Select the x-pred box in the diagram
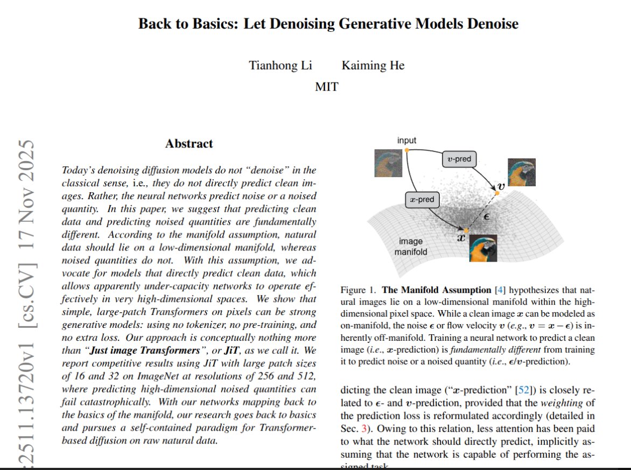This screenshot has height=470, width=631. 422,200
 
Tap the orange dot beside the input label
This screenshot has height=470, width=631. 406,149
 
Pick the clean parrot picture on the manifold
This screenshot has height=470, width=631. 482,248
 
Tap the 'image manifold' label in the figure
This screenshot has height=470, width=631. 411,247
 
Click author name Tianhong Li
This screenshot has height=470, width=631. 281,66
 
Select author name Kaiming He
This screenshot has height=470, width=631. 373,66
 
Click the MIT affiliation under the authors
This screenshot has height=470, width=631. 326,87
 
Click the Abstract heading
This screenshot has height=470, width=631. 189,144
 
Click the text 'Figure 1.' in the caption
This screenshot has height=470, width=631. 359,290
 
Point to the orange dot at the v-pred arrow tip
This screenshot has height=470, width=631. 495,186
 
